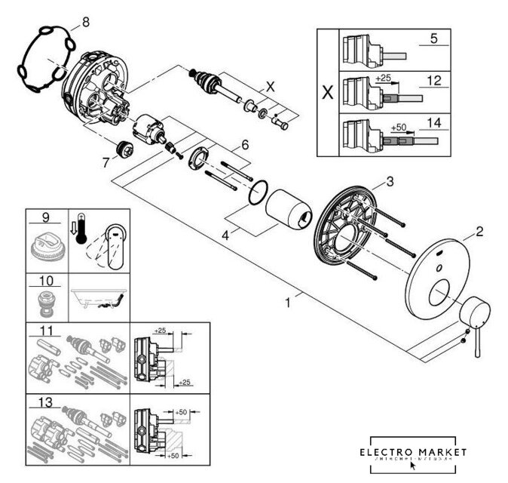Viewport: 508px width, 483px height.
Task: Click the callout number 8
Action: [85, 23]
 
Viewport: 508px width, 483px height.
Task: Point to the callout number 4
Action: [223, 235]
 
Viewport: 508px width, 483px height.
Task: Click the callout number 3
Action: [389, 181]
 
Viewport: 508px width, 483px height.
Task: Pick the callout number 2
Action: [479, 232]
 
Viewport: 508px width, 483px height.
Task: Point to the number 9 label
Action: [45, 218]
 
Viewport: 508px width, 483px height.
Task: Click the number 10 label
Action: [45, 279]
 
